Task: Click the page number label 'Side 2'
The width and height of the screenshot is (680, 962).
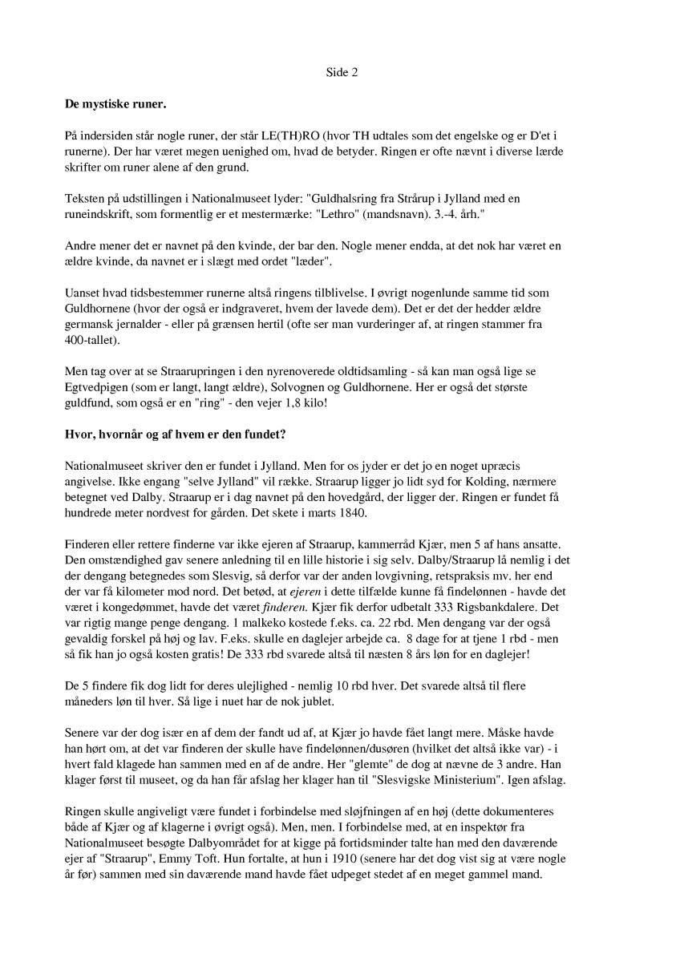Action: (x=341, y=72)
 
